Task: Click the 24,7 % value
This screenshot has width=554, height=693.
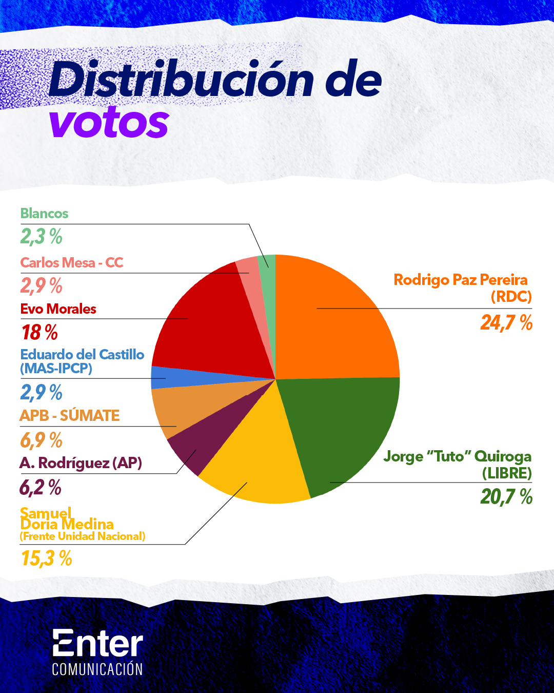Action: (x=506, y=323)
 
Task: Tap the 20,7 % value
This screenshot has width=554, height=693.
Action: (x=506, y=497)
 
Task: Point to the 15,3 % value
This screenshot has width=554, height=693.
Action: (x=46, y=559)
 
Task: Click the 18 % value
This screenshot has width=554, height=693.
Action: (x=39, y=333)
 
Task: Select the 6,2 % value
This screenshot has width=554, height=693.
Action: (x=41, y=487)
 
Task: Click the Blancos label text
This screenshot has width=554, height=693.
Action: (x=44, y=214)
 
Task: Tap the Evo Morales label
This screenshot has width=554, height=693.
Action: (x=58, y=309)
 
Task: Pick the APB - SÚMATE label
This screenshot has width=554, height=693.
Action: (x=70, y=416)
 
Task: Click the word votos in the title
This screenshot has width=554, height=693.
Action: (x=109, y=123)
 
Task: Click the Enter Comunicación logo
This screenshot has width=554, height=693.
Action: (x=97, y=651)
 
